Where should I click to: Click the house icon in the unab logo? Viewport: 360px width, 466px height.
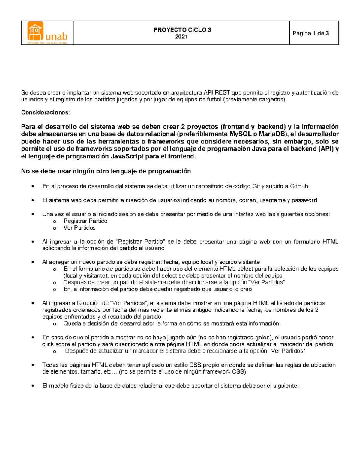click(x=35, y=31)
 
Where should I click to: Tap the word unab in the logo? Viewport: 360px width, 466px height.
click(x=56, y=36)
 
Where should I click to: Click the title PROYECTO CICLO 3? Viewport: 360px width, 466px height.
click(x=182, y=30)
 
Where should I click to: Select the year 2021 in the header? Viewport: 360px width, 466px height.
click(x=181, y=37)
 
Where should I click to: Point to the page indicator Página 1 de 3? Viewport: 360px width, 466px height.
click(x=311, y=33)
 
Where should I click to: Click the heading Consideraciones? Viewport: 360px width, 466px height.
click(x=45, y=113)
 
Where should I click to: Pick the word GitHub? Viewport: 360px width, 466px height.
click(x=299, y=186)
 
